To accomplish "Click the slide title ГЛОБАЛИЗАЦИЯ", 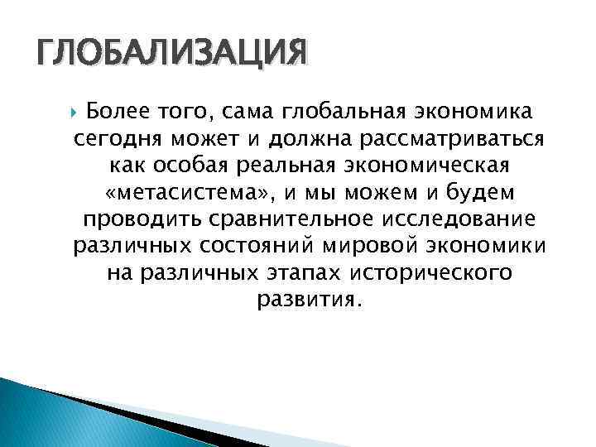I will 171,55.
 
